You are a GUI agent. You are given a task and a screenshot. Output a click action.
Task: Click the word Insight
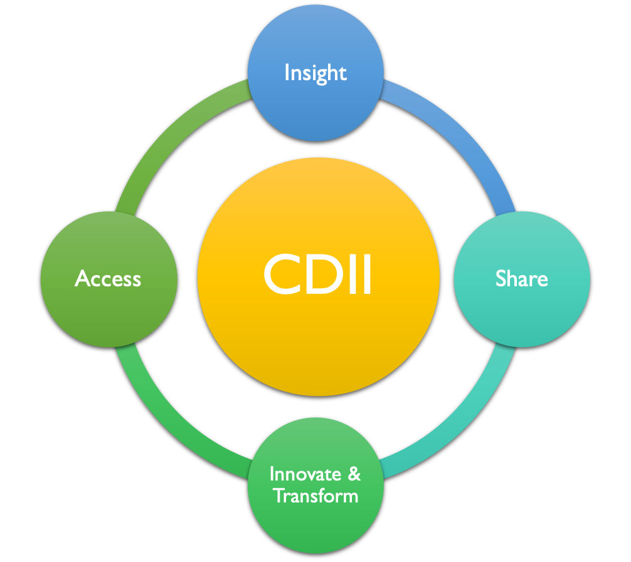coord(315,73)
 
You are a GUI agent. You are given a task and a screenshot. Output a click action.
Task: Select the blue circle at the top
coord(315,73)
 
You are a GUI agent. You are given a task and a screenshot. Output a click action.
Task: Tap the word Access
coord(108,279)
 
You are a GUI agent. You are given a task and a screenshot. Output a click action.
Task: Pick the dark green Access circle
coord(109,279)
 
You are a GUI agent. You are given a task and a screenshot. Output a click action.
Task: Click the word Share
coord(521,278)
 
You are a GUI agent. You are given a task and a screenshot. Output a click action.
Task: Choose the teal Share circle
coord(522,279)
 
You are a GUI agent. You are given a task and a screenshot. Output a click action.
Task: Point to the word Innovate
coord(305,474)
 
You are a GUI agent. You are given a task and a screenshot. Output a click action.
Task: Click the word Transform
coord(316,495)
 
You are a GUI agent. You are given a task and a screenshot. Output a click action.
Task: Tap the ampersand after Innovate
coord(354,474)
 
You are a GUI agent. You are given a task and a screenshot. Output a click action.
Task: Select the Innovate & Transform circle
coord(316,485)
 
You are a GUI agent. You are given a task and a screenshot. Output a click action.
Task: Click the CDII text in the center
coord(317,274)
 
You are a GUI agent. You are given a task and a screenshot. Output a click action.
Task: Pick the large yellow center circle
coord(318,276)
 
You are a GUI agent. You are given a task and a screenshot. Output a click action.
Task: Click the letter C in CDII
coord(282,274)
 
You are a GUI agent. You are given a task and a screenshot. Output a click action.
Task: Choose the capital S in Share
coord(501,278)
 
